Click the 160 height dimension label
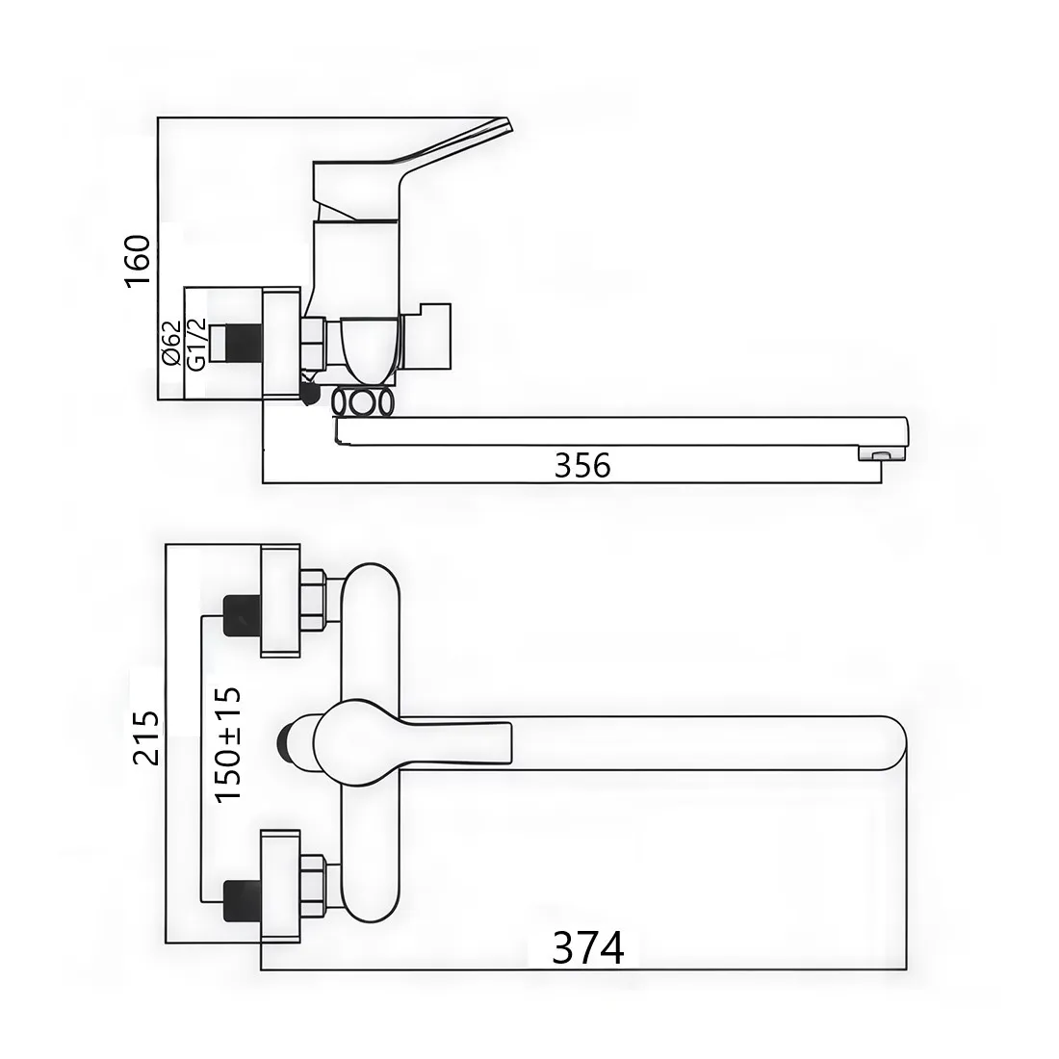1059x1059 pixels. [x=138, y=261]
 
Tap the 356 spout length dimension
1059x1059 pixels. [x=582, y=465]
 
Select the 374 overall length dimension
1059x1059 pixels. [x=588, y=948]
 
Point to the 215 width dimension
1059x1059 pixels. [x=146, y=737]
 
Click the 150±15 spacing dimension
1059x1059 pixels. [x=227, y=744]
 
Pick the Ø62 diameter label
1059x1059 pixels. [x=171, y=343]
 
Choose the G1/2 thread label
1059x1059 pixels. [x=195, y=343]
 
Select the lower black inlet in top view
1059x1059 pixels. [x=242, y=901]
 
